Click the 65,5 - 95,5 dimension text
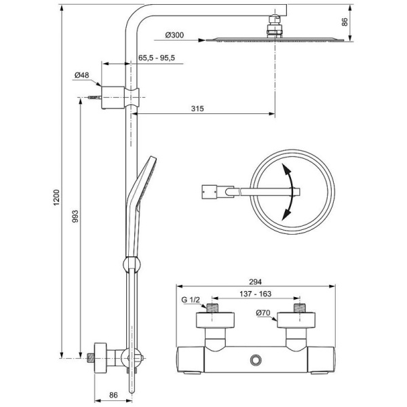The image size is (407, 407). [x=157, y=59]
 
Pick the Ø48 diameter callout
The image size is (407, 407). [x=83, y=75]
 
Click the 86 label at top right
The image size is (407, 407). [x=345, y=22]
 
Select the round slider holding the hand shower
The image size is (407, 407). [x=129, y=265]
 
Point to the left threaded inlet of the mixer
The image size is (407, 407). [x=213, y=309]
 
